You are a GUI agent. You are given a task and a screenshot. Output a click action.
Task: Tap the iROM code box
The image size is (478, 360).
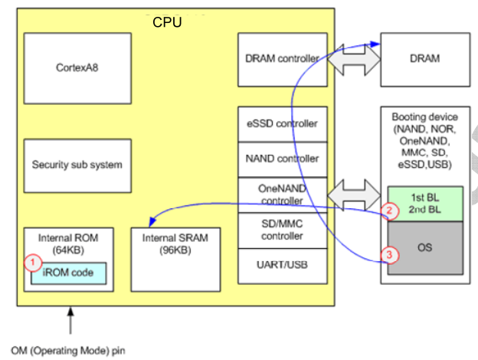[x=67, y=272]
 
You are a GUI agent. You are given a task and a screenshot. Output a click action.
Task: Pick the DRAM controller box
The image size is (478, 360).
[x=282, y=59]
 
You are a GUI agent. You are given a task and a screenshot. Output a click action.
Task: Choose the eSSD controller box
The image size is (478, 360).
[x=282, y=124]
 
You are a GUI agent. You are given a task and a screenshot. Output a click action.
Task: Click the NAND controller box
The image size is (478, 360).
[x=282, y=159]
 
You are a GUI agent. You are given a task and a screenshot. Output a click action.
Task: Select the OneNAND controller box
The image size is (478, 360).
[x=282, y=195]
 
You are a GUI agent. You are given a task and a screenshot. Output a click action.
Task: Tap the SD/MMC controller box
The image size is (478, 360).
[x=282, y=229]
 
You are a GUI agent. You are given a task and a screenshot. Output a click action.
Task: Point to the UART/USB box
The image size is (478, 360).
[x=282, y=265]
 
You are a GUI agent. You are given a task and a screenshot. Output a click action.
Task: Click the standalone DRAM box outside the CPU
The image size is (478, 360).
[x=425, y=59]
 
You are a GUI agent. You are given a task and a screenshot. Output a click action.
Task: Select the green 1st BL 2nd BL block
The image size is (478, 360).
[x=425, y=203]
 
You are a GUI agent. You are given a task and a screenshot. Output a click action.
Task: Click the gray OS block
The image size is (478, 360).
[x=425, y=247]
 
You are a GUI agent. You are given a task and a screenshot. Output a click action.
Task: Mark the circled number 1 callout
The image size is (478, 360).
[x=32, y=263]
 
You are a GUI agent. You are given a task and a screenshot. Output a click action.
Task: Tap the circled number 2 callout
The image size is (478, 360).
[x=389, y=210]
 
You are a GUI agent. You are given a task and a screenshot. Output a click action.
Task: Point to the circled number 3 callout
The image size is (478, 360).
[x=389, y=255]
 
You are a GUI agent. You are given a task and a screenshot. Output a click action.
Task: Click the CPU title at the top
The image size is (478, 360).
[x=167, y=22]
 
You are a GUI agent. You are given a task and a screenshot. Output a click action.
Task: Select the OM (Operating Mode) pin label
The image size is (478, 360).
[x=68, y=351]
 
